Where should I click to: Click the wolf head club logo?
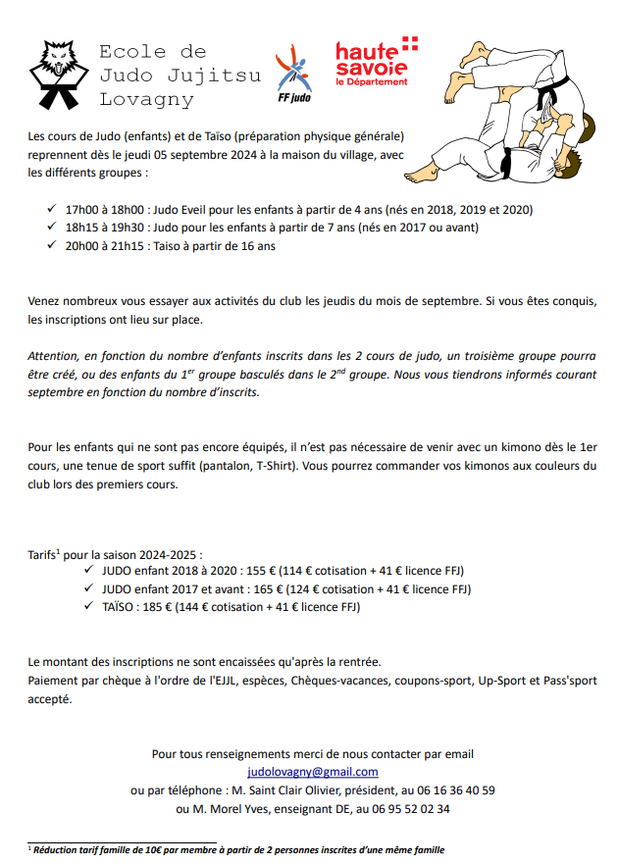tap(57, 74)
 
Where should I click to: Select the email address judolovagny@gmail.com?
tap(312, 772)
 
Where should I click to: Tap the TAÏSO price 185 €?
tap(154, 607)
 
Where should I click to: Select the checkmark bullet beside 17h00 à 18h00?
tap(52, 210)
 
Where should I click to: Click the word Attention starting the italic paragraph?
tap(57, 356)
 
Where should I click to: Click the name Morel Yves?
tap(230, 808)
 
